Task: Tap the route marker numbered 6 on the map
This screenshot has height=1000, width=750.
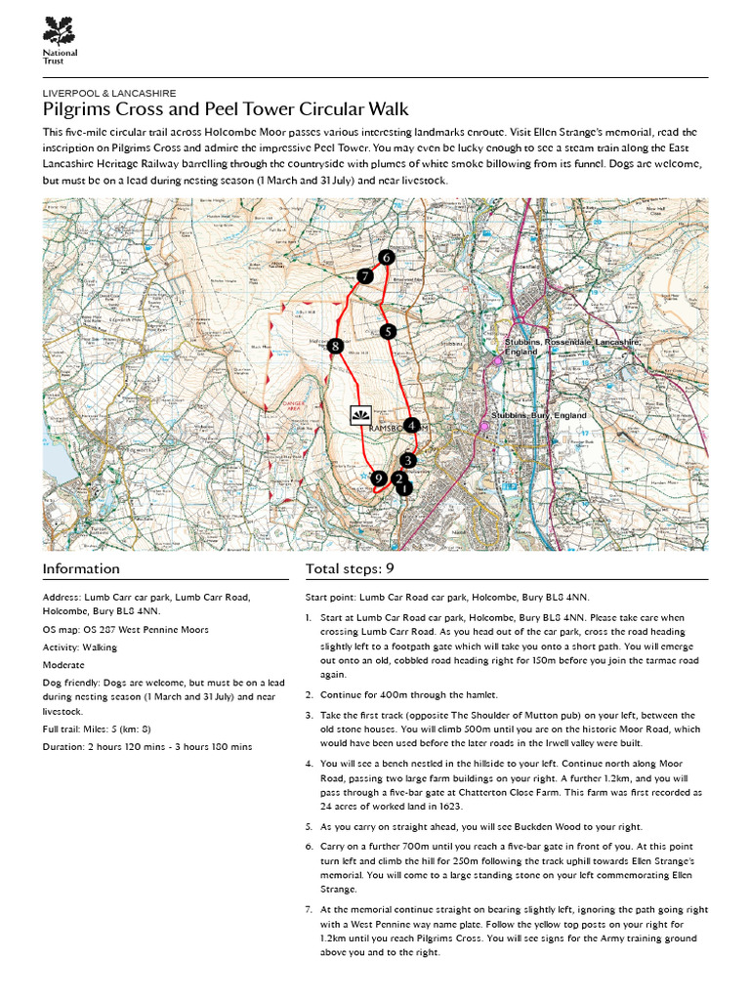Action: pyautogui.click(x=386, y=258)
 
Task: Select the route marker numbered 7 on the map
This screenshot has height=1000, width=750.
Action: pyautogui.click(x=364, y=276)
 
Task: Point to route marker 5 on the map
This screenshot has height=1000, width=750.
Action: pyautogui.click(x=388, y=332)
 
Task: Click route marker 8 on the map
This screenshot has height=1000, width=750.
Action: pyautogui.click(x=335, y=346)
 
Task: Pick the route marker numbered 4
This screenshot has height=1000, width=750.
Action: pyautogui.click(x=412, y=426)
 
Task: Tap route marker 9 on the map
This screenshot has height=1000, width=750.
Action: pyautogui.click(x=378, y=478)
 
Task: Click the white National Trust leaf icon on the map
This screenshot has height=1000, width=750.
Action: pyautogui.click(x=359, y=415)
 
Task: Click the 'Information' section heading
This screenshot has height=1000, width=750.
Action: pyautogui.click(x=81, y=569)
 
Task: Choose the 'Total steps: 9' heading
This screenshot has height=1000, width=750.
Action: pyautogui.click(x=350, y=569)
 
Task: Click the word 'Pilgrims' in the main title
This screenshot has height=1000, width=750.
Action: pyautogui.click(x=77, y=109)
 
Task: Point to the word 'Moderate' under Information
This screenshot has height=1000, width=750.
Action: pyautogui.click(x=64, y=664)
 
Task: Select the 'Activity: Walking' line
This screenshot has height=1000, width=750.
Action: pyautogui.click(x=80, y=646)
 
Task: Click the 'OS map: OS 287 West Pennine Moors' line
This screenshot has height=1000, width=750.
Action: pyautogui.click(x=125, y=630)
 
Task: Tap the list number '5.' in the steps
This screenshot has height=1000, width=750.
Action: pyautogui.click(x=309, y=825)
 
